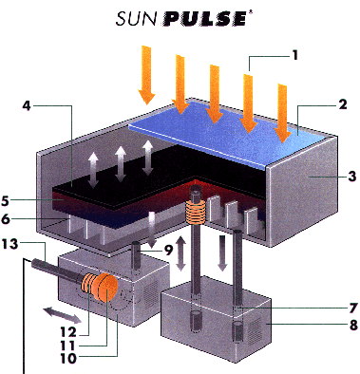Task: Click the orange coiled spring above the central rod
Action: [198, 213]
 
